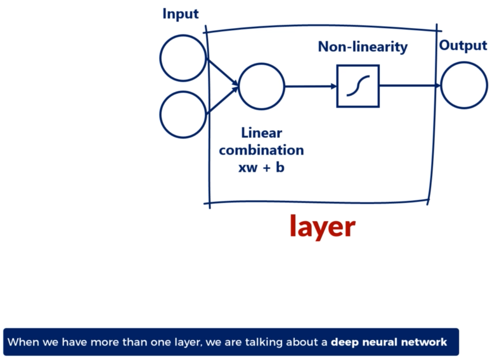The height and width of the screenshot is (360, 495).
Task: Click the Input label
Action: [180, 14]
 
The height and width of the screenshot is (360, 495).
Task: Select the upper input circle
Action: [183, 58]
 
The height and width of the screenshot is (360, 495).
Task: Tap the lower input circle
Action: [183, 115]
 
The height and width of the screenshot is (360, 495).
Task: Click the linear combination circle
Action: [261, 86]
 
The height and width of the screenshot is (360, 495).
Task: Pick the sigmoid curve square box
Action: [358, 86]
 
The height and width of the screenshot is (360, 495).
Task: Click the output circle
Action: [464, 85]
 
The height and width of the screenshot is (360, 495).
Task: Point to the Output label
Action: [463, 45]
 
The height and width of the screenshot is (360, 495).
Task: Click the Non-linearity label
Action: [363, 47]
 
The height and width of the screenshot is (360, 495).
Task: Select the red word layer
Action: [322, 227]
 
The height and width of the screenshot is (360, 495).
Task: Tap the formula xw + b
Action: [261, 167]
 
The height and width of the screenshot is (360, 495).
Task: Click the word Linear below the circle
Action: [261, 133]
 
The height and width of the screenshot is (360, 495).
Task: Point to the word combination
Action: [261, 150]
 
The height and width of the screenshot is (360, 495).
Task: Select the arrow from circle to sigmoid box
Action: [311, 86]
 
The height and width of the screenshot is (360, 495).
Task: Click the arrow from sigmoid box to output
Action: [410, 86]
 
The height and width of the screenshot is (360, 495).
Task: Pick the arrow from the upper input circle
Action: [222, 72]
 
